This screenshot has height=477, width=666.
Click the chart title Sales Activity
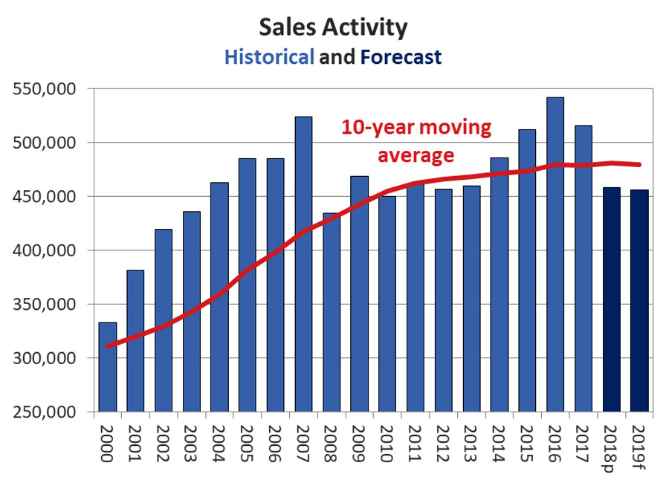[x=333, y=27]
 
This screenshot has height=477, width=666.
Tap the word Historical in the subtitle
[x=268, y=56]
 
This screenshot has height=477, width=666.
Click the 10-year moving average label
[x=416, y=141]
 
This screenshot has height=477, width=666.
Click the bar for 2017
[x=583, y=268]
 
